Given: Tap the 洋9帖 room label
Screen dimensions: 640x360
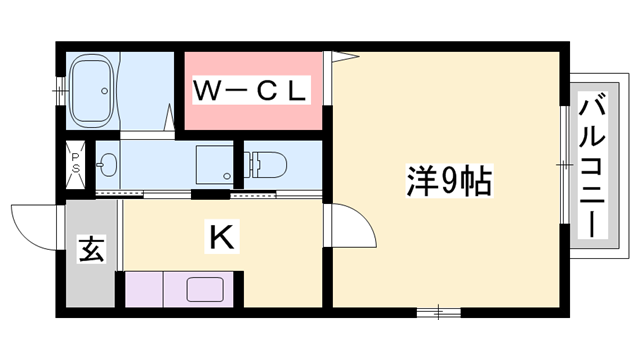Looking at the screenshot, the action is click(449, 183).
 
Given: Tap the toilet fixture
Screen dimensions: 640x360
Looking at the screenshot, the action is click(270, 163).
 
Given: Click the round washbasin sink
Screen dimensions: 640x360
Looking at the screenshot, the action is click(108, 163).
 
